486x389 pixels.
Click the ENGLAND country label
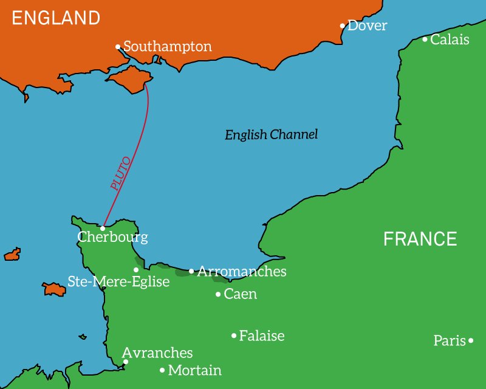tap(56, 18)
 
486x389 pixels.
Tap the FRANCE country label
tap(420, 239)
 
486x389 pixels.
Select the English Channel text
tap(271, 135)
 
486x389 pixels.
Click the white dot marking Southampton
tap(118, 47)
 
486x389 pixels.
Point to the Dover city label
tap(367, 26)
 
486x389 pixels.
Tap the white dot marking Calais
tap(425, 40)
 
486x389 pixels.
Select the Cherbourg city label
tap(112, 237)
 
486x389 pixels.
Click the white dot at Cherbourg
tap(103, 228)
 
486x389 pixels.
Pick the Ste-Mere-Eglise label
tap(118, 282)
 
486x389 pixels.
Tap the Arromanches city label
tap(241, 272)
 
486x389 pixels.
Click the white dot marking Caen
tap(218, 295)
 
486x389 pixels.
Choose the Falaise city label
tap(262, 336)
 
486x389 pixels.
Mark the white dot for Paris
tap(471, 341)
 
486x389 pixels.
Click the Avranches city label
tap(157, 353)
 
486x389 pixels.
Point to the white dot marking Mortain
tap(162, 370)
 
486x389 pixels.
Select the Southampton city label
tap(168, 47)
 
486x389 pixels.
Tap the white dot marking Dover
tap(343, 26)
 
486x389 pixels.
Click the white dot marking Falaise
tap(234, 336)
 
